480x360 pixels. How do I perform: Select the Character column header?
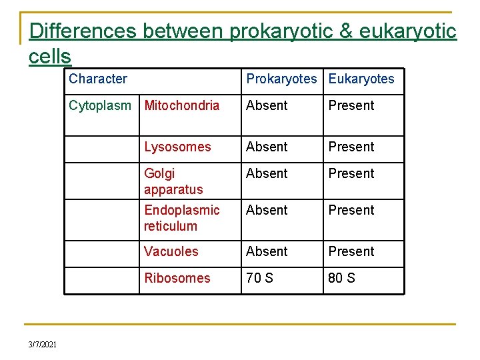point(98,79)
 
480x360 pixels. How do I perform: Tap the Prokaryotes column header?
point(281,79)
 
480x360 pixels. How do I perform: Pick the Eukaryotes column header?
point(361,79)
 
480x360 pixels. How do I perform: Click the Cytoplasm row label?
point(100,105)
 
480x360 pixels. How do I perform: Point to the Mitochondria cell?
point(181,105)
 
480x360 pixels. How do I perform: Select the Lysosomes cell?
point(177,147)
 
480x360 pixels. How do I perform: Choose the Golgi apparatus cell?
point(173,181)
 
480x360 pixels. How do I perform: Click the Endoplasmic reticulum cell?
point(181,218)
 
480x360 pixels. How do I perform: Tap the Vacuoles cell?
point(171,251)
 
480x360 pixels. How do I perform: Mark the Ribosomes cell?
point(177,278)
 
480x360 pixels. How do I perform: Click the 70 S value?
point(260,278)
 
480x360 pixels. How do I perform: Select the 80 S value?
point(342,278)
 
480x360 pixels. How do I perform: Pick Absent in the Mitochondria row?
point(267,105)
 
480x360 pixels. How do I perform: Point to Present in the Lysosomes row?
point(351,147)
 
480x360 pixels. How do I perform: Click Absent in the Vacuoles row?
point(267,251)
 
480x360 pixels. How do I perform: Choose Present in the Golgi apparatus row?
point(351,173)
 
